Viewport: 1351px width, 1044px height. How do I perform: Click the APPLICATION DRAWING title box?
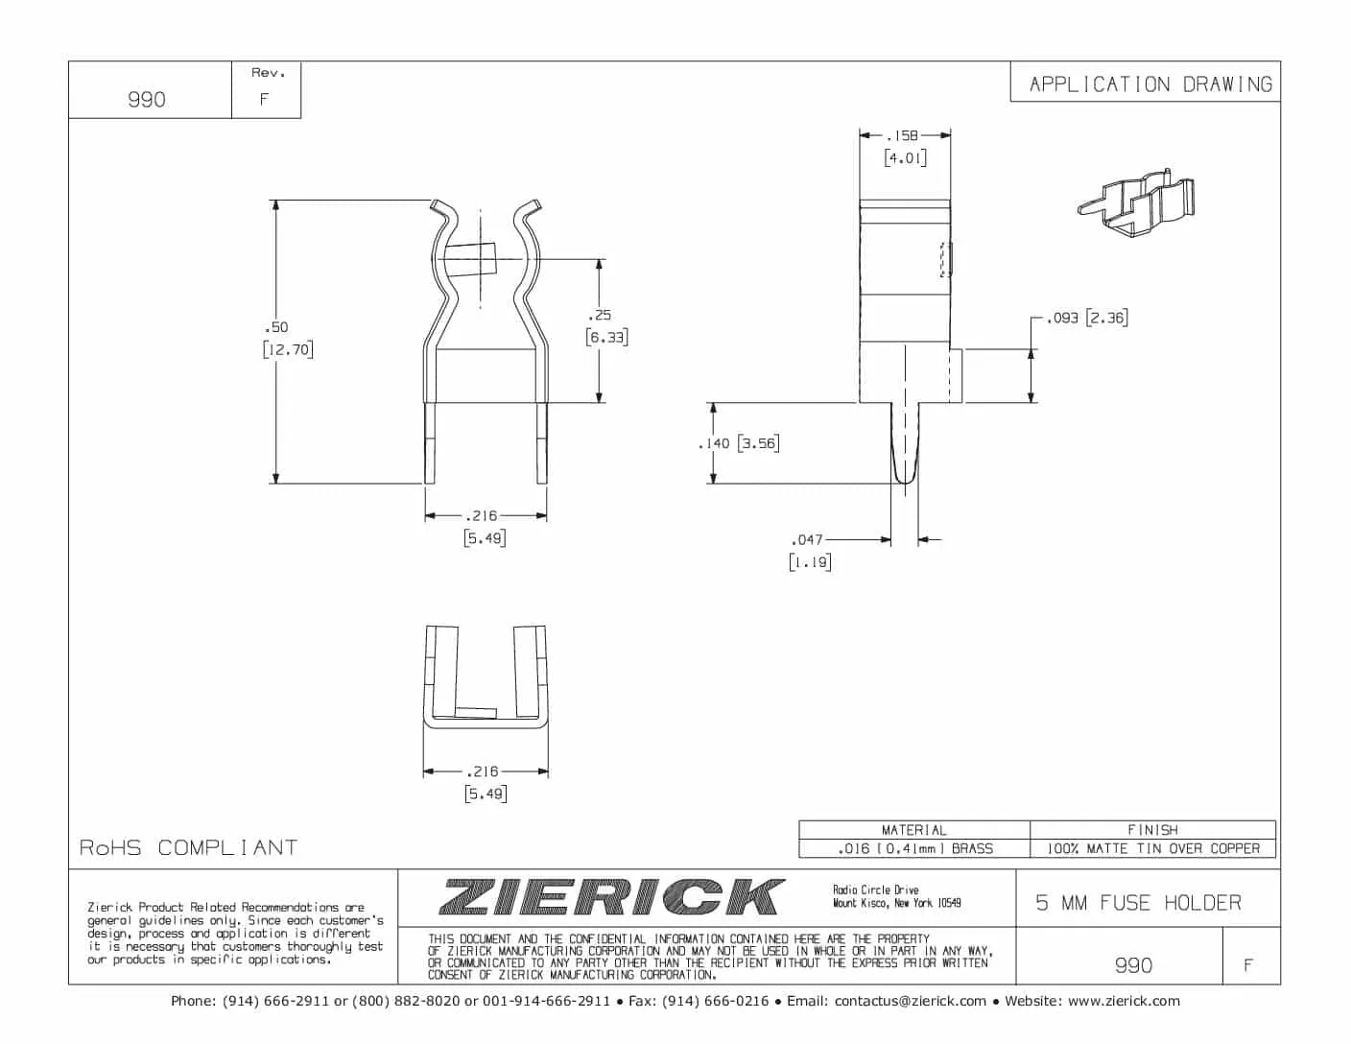point(1150,84)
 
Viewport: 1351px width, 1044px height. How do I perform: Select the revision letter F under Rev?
point(264,99)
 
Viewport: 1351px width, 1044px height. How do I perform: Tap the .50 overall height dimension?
point(277,327)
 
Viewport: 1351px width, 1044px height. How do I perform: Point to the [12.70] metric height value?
point(288,349)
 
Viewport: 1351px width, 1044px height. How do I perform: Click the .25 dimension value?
point(601,315)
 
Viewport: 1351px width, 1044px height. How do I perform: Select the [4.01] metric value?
point(905,157)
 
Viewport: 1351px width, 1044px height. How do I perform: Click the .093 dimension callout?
point(1062,318)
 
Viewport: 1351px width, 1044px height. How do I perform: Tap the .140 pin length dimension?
point(715,443)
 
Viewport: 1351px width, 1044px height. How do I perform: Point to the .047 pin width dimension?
point(807,540)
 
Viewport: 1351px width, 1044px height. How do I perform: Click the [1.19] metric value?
point(810,562)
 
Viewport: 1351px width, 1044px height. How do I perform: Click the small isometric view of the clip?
point(1137,204)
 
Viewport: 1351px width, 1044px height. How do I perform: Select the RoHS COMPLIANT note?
point(188,847)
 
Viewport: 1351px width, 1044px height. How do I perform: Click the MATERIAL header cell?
point(913,830)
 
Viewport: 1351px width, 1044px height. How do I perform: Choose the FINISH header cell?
point(1152,830)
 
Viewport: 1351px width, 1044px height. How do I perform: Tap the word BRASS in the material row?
point(972,848)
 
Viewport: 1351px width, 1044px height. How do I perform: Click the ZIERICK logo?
point(612,897)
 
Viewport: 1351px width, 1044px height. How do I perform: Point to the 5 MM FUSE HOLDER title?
point(1138,903)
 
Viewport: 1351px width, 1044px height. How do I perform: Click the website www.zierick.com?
point(1124,1001)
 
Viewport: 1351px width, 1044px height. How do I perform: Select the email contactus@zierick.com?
point(910,1001)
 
